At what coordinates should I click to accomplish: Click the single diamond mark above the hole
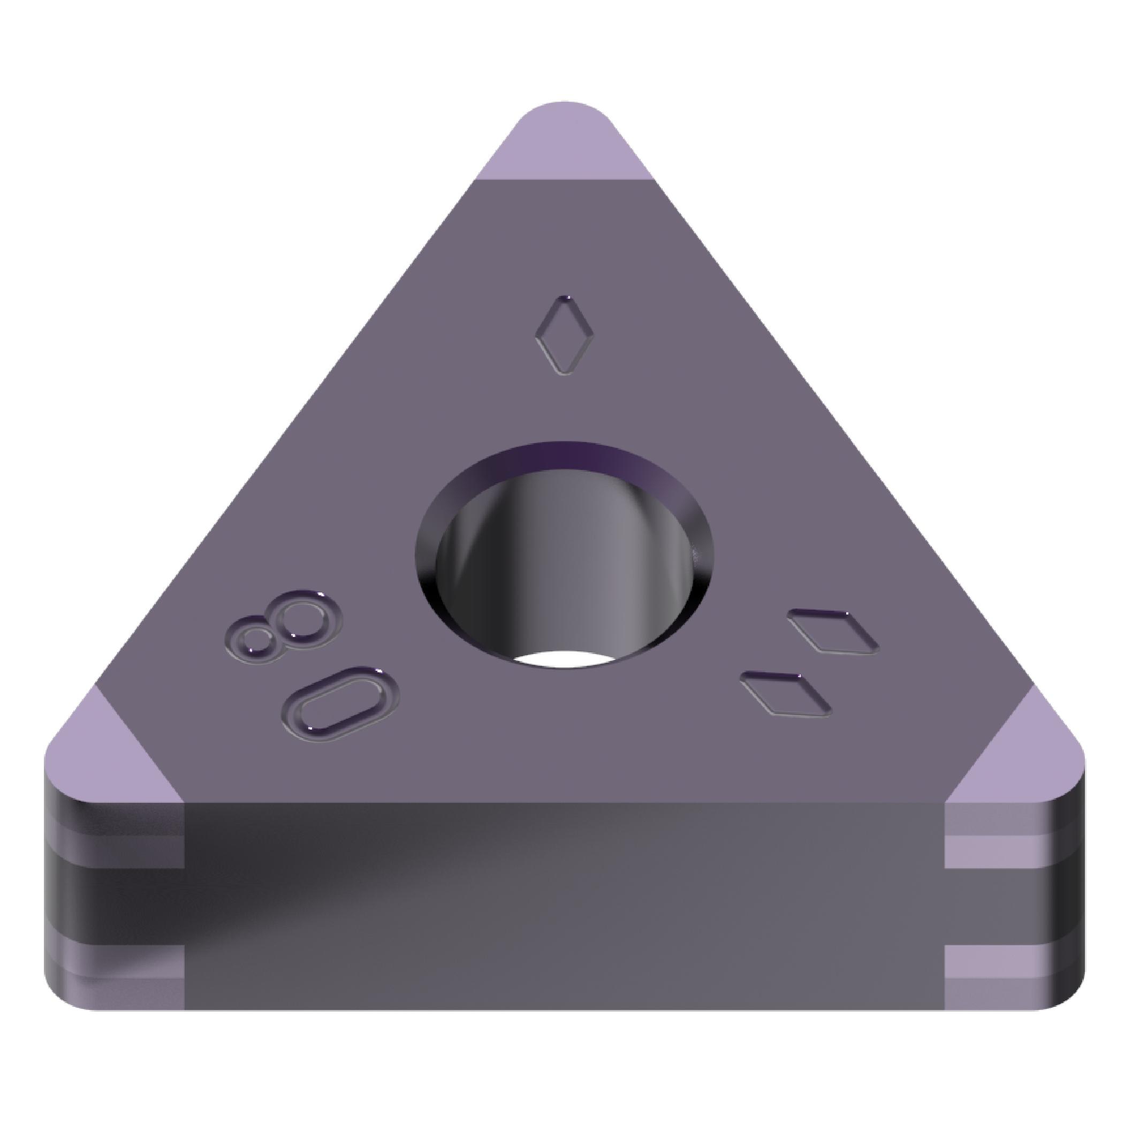click(x=564, y=335)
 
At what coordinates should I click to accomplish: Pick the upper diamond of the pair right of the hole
click(x=832, y=631)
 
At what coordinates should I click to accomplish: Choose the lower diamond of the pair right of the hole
click(x=785, y=694)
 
